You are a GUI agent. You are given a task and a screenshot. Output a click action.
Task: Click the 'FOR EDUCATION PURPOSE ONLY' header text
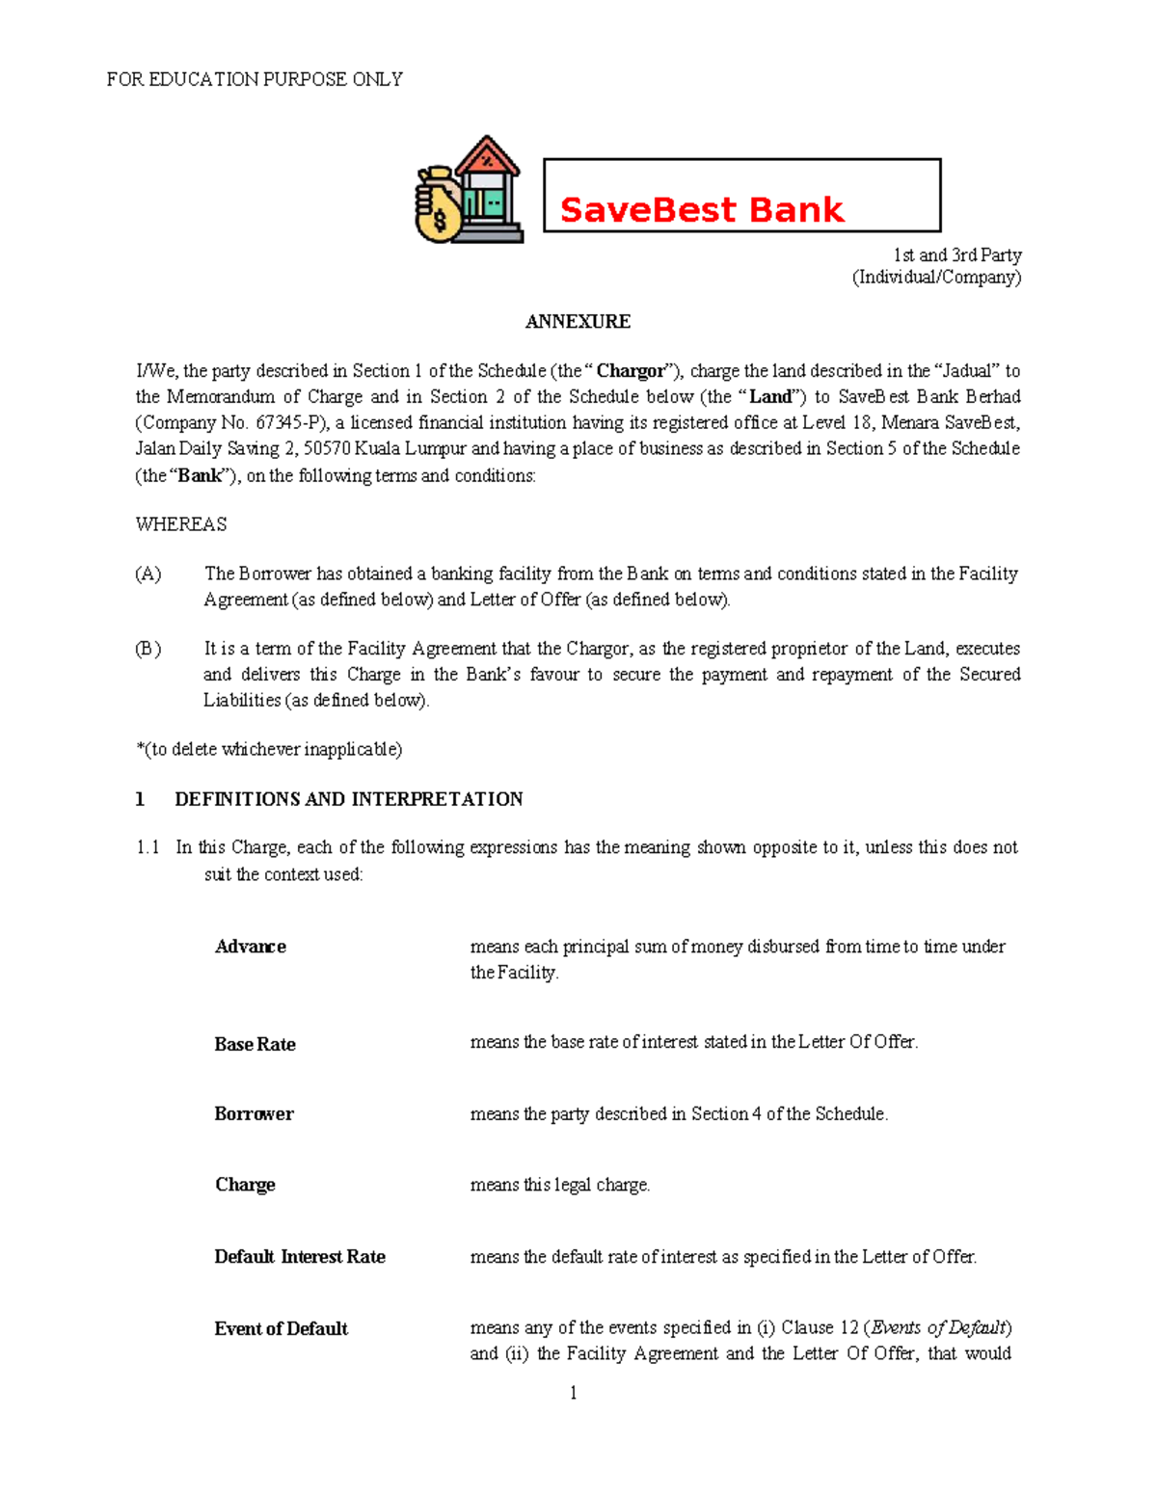coord(255,79)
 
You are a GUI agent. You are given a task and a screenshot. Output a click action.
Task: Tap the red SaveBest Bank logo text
coord(701,210)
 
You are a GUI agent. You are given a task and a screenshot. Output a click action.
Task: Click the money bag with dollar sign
coord(439,206)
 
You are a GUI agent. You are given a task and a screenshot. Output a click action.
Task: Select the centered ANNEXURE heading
coord(578,322)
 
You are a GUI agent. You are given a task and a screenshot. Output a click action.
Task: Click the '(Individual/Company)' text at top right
coord(936,278)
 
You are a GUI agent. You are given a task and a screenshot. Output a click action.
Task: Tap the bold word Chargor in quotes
coord(631,371)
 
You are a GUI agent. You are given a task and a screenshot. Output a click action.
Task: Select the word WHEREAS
coord(181,524)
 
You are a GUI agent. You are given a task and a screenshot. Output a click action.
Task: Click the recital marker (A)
coord(148,575)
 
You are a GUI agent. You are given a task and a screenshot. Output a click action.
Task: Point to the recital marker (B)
coord(148,649)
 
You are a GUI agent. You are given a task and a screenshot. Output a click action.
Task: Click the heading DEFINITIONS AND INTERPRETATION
coord(348,799)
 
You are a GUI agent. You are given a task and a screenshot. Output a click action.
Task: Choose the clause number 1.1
coord(148,848)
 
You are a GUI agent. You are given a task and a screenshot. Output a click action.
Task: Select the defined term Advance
coord(251,947)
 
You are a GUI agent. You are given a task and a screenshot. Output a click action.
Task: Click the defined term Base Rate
coord(255,1044)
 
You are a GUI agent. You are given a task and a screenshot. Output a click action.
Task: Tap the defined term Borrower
coord(254,1114)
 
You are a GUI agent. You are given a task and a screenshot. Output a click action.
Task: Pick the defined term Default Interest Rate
coord(300,1257)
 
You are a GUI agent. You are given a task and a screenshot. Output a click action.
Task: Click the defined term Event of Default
coord(281,1329)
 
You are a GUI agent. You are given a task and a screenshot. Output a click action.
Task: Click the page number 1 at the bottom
coord(574,1393)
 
